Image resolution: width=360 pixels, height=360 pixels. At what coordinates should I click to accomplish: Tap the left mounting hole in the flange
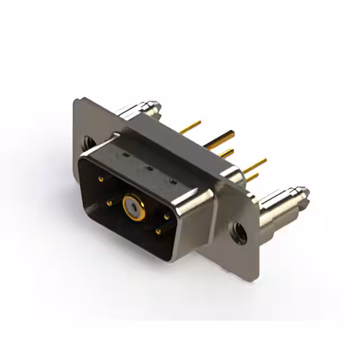click(x=88, y=143)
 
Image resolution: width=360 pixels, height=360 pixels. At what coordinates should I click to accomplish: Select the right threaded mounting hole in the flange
click(x=239, y=232)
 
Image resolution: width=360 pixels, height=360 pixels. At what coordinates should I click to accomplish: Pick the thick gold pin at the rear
click(x=220, y=139)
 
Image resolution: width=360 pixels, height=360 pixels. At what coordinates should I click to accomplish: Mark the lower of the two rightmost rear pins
click(x=253, y=177)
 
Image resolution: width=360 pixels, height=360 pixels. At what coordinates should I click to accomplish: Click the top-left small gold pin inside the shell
click(x=101, y=179)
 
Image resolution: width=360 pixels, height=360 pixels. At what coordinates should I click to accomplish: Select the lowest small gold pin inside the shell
click(x=158, y=231)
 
